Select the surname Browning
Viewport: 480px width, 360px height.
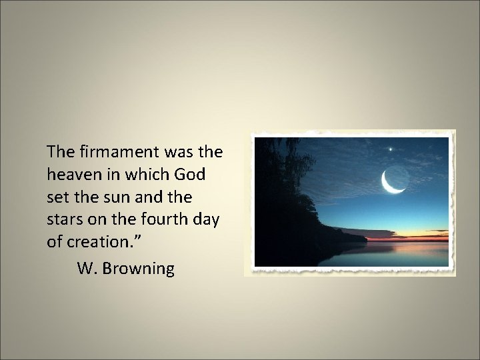point(140,269)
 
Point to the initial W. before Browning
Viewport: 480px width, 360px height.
point(87,269)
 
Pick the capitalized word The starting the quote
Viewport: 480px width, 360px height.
point(59,153)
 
